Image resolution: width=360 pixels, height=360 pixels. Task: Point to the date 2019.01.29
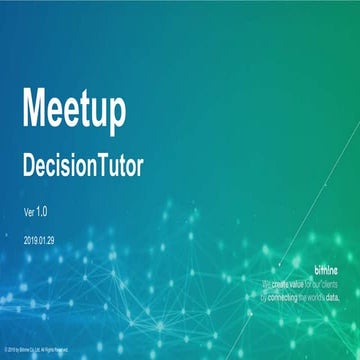click(x=41, y=241)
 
